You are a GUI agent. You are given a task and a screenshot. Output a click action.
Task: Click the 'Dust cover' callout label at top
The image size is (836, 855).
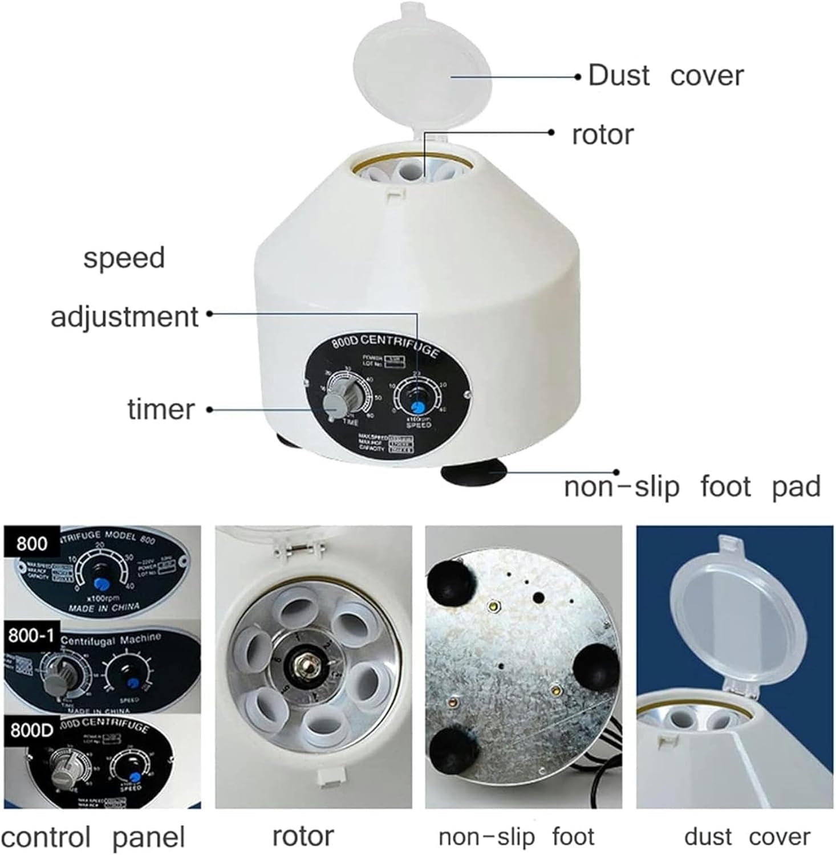(665, 76)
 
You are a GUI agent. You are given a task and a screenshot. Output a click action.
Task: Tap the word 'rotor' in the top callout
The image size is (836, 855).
(603, 135)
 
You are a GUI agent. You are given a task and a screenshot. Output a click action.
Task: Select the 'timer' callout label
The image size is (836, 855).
(161, 409)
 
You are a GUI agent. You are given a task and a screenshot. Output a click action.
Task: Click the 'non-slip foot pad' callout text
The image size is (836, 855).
(692, 487)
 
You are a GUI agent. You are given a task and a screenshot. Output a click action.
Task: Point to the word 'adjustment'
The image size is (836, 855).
(124, 317)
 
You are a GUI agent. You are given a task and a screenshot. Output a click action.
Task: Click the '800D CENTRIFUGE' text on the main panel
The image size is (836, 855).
(385, 347)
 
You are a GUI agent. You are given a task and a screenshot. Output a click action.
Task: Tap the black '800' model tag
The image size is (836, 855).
(32, 543)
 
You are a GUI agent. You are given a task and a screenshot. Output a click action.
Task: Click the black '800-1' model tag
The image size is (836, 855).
(31, 635)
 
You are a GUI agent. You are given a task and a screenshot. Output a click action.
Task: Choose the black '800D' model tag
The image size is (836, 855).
(31, 730)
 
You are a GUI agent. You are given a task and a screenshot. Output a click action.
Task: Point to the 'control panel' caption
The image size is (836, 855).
(93, 837)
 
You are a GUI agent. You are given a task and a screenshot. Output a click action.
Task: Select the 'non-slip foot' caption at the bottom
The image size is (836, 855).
(516, 837)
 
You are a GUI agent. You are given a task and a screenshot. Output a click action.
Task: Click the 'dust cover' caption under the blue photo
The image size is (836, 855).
(746, 837)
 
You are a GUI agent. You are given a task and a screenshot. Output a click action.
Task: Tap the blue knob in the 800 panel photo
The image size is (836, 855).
(103, 583)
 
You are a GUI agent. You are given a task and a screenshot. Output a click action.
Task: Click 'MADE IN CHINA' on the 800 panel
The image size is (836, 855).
(104, 608)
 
